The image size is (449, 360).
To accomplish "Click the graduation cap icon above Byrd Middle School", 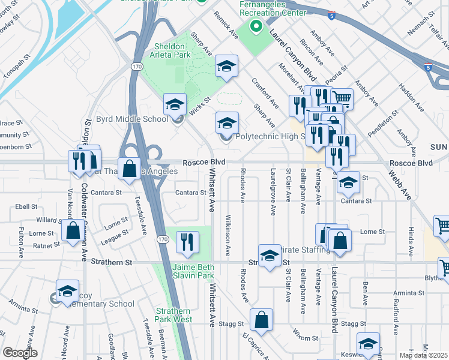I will click(x=175, y=105).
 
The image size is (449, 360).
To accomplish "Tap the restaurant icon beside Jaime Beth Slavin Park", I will click(x=187, y=242).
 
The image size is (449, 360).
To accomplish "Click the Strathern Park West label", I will click(x=174, y=315).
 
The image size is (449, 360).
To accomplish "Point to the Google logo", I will click(x=20, y=353).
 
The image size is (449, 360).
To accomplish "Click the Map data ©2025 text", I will click(x=424, y=355).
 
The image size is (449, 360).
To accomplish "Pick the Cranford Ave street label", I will click(x=264, y=92).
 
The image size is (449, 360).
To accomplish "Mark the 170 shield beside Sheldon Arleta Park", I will click(x=137, y=65).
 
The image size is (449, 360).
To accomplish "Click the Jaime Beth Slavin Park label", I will click(x=193, y=271).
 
